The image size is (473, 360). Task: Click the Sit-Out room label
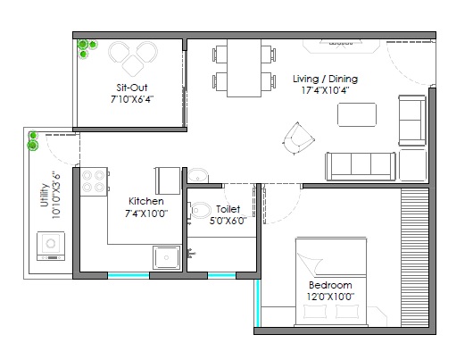(x=131, y=88)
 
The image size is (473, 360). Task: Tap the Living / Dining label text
(x=326, y=79)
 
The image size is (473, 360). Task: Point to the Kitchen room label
(x=145, y=202)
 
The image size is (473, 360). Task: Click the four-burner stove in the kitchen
(x=95, y=183)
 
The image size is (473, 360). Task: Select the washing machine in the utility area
(x=49, y=246)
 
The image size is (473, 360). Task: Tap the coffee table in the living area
(x=356, y=114)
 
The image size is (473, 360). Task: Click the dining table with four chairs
(x=242, y=68)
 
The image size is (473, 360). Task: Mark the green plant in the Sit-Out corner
(x=85, y=46)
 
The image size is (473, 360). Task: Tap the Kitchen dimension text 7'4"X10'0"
(x=145, y=214)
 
